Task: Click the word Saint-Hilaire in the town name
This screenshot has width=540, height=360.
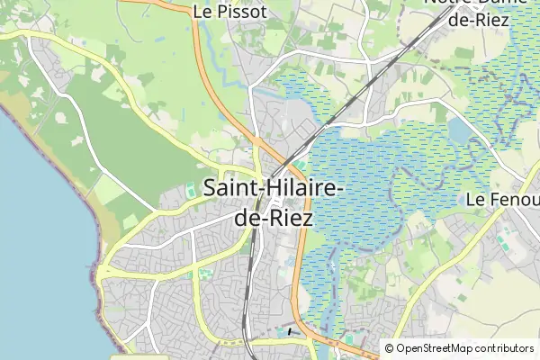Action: pyautogui.click(x=272, y=190)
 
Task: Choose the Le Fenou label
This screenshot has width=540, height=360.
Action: pyautogui.click(x=502, y=199)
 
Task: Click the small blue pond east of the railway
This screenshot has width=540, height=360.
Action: pyautogui.click(x=459, y=132)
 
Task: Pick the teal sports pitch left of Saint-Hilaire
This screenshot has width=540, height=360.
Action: pyautogui.click(x=190, y=191)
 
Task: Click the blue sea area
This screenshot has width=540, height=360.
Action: pyautogui.click(x=36, y=270)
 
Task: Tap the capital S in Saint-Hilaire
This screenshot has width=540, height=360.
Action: pyautogui.click(x=211, y=190)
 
